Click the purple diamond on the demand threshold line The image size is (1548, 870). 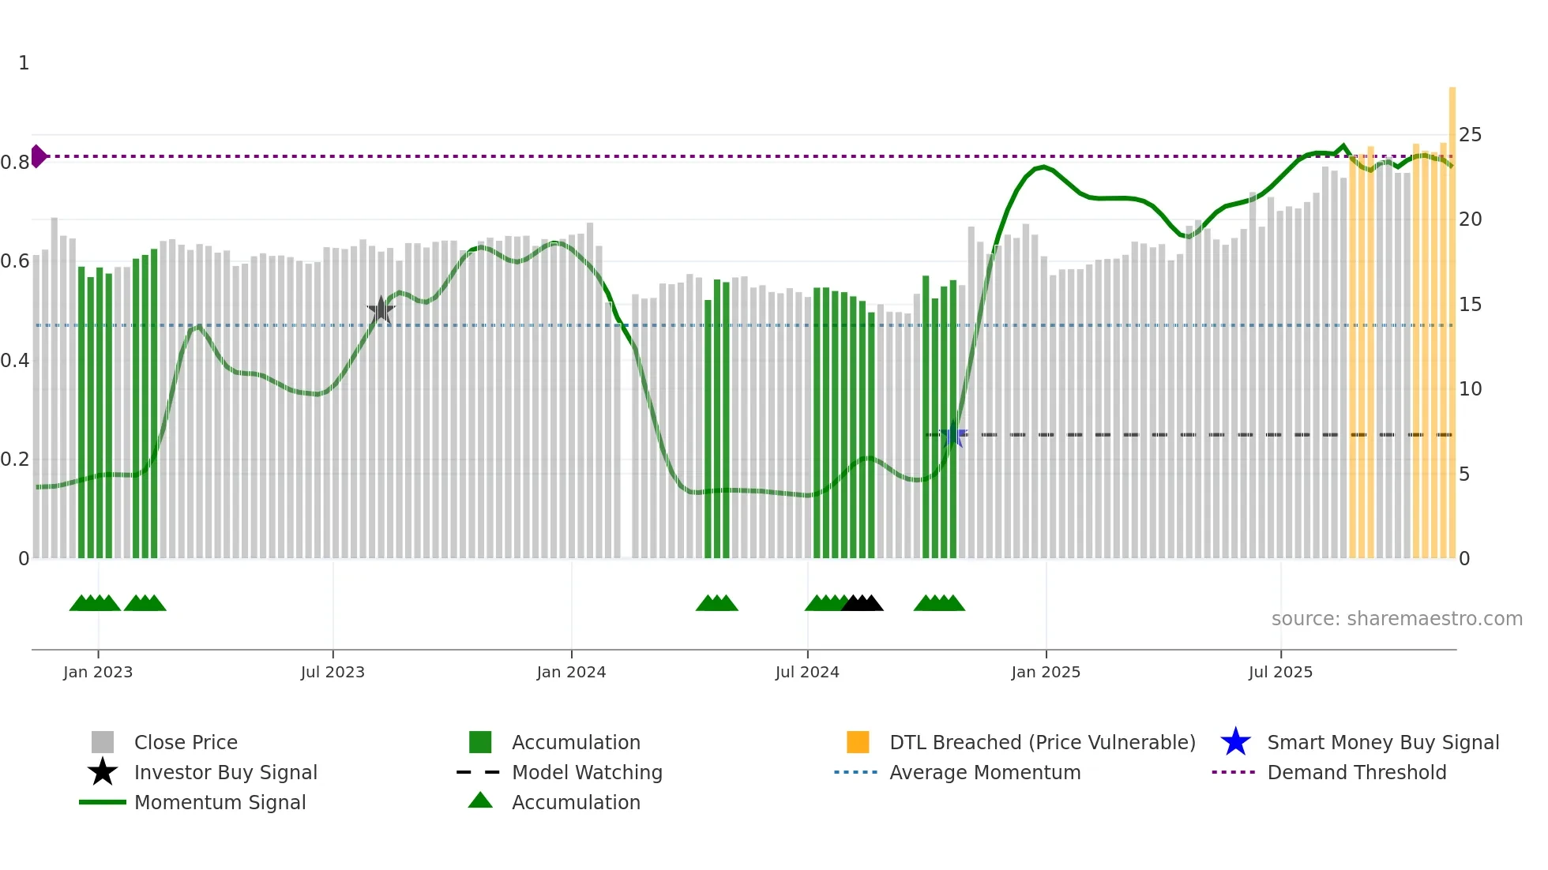tap(38, 156)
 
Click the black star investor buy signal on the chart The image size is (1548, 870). tap(381, 309)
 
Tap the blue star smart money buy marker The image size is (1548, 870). tap(953, 434)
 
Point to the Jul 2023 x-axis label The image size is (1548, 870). tap(333, 673)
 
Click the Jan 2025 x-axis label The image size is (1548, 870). tap(1046, 673)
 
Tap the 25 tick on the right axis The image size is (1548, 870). tap(1470, 135)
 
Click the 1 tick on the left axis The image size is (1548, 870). tap(24, 63)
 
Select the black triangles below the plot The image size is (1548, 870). tap(862, 604)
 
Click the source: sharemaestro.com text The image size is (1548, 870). tap(1396, 619)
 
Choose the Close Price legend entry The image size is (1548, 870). tap(186, 743)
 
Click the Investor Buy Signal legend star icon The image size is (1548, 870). tap(103, 772)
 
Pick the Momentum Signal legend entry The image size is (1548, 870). tap(220, 803)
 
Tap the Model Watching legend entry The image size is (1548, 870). tap(586, 773)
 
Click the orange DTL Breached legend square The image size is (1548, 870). tap(858, 742)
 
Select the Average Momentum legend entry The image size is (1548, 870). tap(984, 773)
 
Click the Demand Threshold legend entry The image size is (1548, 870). tap(1356, 773)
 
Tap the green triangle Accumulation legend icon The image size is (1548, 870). tap(480, 801)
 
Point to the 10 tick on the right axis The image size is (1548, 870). tap(1470, 389)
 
